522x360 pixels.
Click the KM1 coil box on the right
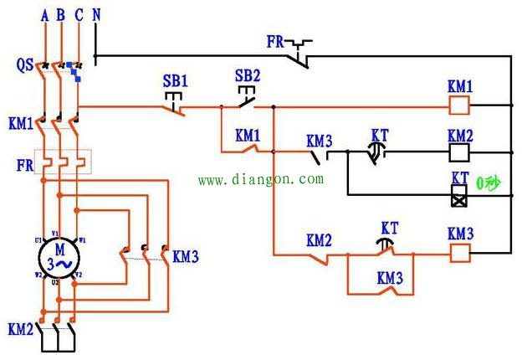(459, 105)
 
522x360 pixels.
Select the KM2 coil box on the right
(459, 152)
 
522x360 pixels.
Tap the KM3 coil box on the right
(459, 250)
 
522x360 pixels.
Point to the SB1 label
(175, 83)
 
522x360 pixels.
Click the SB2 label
(248, 75)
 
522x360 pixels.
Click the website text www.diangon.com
(260, 179)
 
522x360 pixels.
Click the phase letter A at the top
(43, 15)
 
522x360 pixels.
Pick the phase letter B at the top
(60, 15)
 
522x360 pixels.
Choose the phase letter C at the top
(79, 15)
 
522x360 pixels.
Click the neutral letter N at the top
(96, 15)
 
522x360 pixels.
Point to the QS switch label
(24, 64)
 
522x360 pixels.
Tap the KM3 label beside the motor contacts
(186, 257)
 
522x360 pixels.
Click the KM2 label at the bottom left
(20, 329)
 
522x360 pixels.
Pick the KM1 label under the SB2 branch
(248, 134)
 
